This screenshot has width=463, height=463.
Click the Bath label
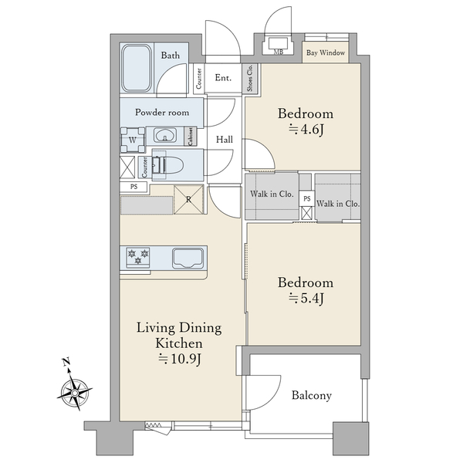point(170,56)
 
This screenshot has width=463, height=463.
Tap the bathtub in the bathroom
point(137,68)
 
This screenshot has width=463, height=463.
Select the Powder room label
point(162,112)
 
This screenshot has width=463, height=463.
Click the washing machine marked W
point(133,140)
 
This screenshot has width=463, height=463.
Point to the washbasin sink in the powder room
point(165,136)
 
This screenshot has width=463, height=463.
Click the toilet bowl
point(171,165)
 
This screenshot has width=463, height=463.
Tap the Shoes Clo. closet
point(250,78)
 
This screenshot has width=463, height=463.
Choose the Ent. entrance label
point(223,78)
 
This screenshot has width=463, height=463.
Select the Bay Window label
point(326,52)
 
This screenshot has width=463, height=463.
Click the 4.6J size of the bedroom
point(306,130)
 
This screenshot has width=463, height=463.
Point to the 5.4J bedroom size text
point(306,299)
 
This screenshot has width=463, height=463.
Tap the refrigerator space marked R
point(189,199)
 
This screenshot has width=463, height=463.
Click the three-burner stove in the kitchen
point(138,257)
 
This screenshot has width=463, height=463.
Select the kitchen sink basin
point(188,259)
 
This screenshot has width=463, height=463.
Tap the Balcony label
point(312,395)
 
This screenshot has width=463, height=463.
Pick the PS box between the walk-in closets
point(307,198)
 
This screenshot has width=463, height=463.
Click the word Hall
point(225,140)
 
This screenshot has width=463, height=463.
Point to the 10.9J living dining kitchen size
point(180,359)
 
